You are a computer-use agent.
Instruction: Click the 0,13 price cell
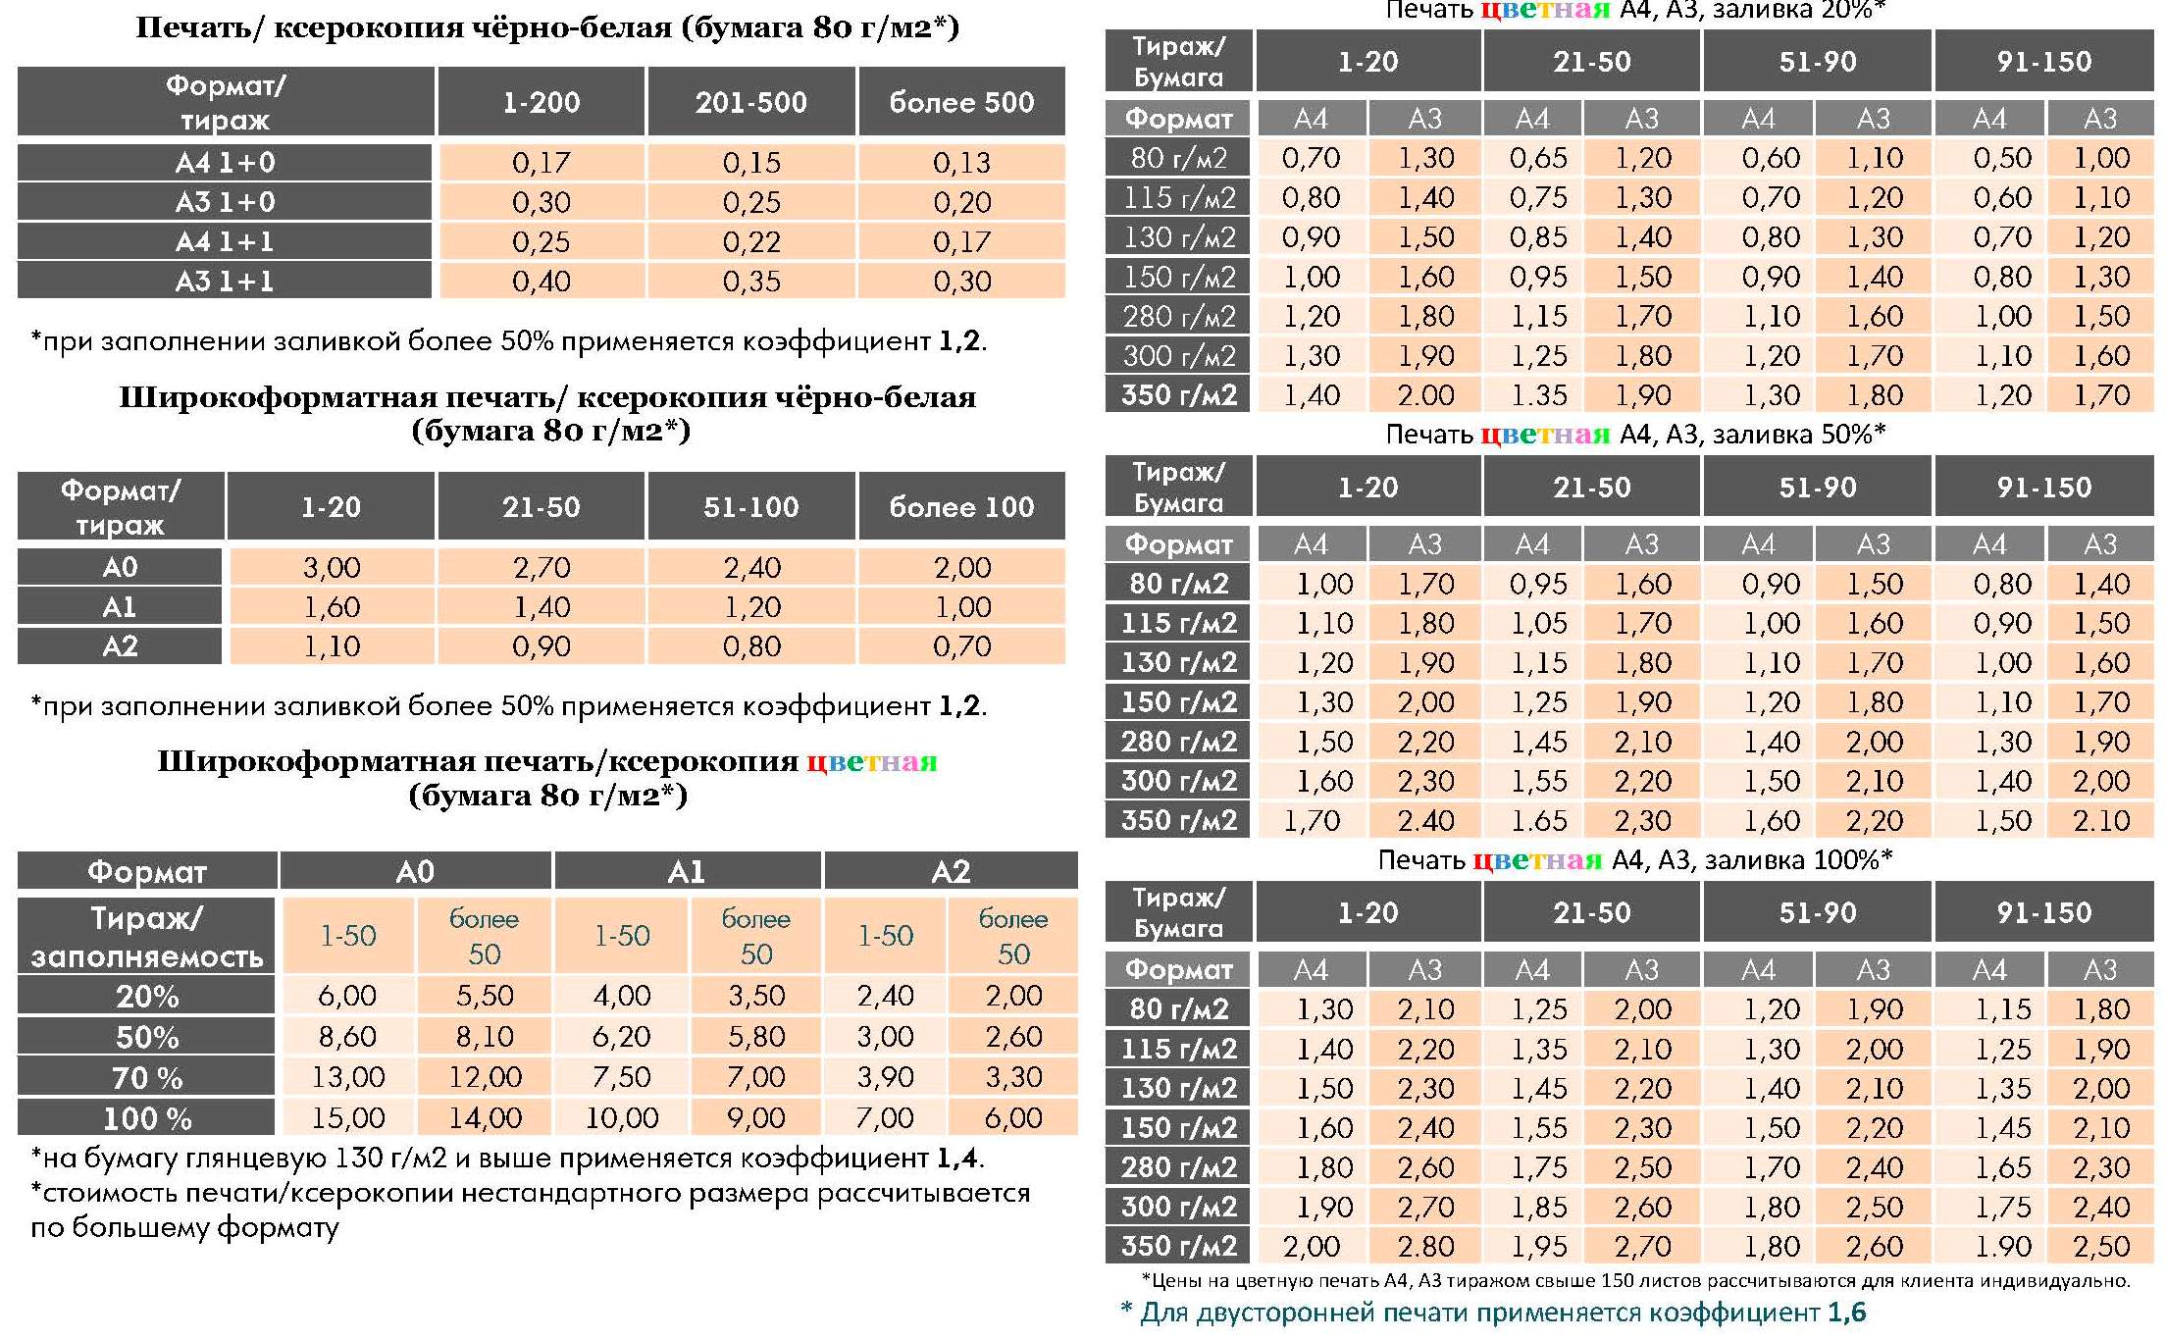pos(961,162)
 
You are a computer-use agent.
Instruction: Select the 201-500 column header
pos(750,101)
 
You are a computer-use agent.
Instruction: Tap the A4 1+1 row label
pos(225,241)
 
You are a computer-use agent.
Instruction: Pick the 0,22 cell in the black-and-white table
pos(751,241)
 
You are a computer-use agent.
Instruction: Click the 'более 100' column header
pos(961,506)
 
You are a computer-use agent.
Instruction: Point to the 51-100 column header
pos(750,506)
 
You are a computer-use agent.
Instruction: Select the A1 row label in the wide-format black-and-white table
pos(120,607)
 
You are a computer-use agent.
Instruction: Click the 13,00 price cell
pos(348,1077)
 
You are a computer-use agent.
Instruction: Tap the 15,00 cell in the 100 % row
pos(348,1117)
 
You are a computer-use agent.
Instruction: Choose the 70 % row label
pos(147,1078)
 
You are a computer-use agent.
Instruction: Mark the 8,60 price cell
pos(348,1036)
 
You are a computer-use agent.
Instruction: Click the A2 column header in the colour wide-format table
pos(951,871)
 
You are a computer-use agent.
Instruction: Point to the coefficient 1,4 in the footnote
pos(957,1159)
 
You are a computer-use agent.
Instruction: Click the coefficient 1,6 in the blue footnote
pos(1846,1313)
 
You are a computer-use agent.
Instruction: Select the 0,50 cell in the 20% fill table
pos(2002,158)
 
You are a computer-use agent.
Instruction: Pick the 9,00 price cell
pos(756,1117)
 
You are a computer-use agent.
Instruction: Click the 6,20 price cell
pos(622,1036)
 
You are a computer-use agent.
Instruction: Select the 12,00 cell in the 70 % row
pos(485,1077)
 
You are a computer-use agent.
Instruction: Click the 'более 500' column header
pos(961,101)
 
